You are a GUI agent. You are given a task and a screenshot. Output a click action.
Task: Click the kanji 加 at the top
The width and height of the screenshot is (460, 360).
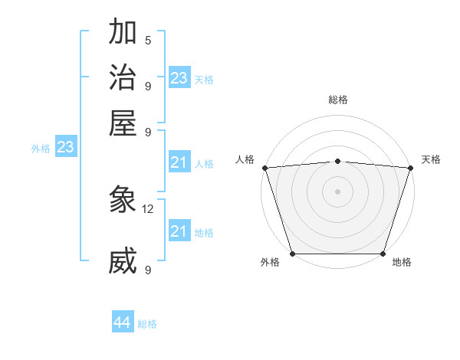pos(123,34)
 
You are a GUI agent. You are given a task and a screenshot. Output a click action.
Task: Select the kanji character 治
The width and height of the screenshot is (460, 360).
pos(123,78)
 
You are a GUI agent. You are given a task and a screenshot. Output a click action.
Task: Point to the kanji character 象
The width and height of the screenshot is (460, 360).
pos(123,201)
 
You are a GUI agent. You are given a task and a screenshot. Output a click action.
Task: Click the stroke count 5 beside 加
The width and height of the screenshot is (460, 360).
pos(148,41)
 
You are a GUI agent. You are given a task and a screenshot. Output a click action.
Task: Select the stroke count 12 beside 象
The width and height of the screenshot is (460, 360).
pos(149,208)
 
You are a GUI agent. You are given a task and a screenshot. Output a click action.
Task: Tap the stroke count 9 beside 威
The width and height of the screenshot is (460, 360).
pos(148,270)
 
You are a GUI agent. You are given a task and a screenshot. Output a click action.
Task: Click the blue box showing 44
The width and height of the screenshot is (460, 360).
pos(122,323)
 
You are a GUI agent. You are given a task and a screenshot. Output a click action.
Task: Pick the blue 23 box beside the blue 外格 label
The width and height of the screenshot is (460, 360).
pos(65,147)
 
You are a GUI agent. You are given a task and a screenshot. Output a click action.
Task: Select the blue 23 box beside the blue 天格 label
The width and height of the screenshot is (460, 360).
pos(179,78)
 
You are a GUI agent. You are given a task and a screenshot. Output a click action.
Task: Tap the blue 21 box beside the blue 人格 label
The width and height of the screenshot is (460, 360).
pos(179,162)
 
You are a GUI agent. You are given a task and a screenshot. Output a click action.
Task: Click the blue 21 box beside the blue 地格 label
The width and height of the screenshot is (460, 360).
pos(179,231)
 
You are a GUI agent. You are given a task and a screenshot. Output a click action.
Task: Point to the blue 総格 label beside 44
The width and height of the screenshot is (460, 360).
pos(147,324)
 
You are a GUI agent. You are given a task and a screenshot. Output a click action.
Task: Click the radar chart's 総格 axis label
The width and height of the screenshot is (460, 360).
pos(337,100)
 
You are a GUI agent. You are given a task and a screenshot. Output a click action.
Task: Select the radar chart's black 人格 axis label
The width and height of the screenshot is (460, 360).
pos(245,159)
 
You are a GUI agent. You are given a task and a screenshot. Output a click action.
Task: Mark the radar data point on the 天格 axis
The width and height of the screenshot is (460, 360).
pos(410,168)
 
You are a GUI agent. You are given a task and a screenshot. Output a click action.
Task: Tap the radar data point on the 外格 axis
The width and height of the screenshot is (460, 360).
pos(293,254)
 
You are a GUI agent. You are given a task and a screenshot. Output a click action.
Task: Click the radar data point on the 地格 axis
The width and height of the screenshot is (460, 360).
pos(383,254)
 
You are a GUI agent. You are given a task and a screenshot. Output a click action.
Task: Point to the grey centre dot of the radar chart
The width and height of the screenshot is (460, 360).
pos(337,191)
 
